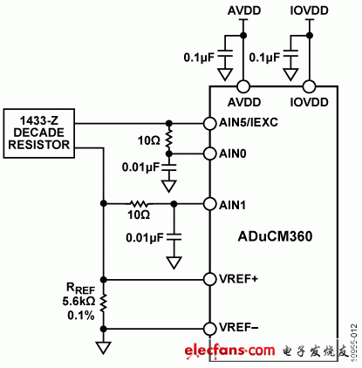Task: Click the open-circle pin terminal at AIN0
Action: [209, 153]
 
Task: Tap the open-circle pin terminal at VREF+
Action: [209, 279]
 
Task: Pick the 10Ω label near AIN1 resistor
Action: [139, 215]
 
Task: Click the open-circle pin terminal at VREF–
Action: [209, 329]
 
